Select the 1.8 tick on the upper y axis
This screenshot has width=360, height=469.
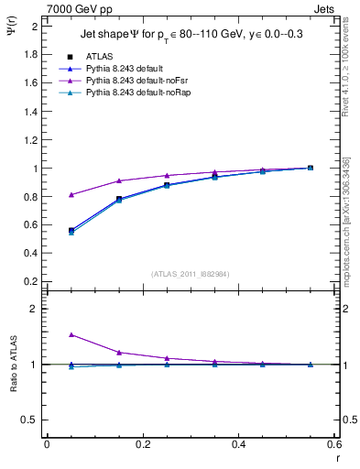tap(31, 54)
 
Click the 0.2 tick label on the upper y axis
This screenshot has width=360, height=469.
tap(31, 280)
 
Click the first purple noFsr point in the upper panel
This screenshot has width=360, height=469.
tap(71, 194)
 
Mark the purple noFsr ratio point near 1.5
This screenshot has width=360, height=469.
tap(71, 335)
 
